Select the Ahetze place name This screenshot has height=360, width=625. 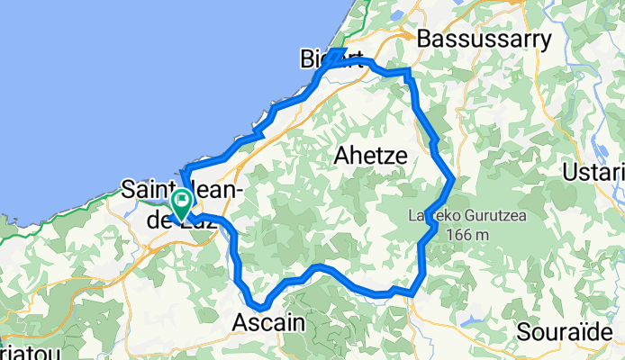tap(370, 156)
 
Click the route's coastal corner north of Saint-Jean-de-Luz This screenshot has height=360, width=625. tap(186, 171)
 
